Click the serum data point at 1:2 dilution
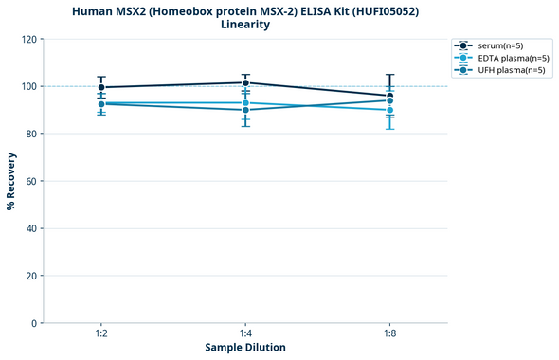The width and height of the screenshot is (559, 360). click(101, 87)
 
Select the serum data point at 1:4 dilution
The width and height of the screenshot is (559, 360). click(245, 82)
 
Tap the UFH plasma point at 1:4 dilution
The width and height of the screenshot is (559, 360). click(245, 110)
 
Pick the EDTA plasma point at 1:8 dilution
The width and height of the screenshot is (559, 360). click(389, 110)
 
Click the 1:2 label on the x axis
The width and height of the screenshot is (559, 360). click(101, 334)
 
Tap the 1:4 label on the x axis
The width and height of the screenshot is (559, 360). click(245, 334)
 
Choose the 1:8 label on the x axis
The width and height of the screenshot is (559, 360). click(389, 334)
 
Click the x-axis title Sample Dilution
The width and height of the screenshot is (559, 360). click(245, 348)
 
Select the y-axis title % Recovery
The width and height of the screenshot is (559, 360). click(11, 180)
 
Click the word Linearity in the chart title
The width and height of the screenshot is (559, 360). click(245, 25)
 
